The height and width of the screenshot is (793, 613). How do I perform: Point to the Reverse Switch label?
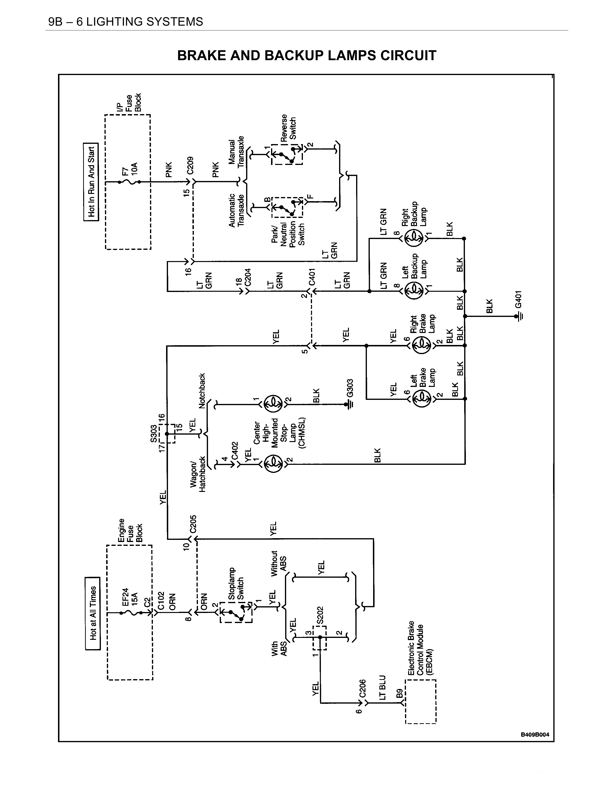[x=288, y=128]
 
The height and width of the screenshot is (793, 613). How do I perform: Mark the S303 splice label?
[x=154, y=434]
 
